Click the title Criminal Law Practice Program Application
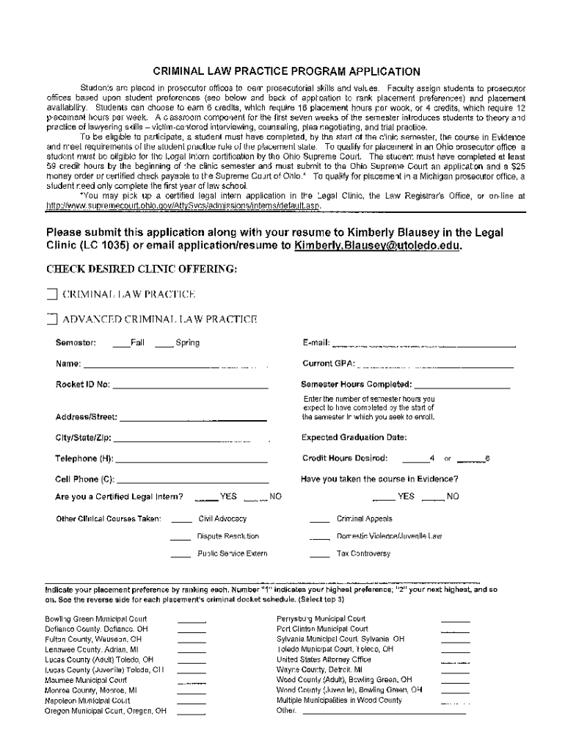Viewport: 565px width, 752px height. click(286, 71)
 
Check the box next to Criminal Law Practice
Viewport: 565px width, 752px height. click(51, 294)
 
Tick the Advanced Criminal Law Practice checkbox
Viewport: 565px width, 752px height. click(51, 319)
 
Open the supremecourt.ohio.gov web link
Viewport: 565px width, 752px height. click(183, 206)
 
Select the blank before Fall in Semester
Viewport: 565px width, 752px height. click(121, 344)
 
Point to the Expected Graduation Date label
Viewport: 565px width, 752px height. click(354, 438)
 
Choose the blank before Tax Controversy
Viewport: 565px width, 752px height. click(319, 554)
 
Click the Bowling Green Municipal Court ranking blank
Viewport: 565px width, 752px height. click(192, 620)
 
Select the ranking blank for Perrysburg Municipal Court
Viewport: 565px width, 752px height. click(455, 620)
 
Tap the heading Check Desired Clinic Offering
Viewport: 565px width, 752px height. click(142, 270)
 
